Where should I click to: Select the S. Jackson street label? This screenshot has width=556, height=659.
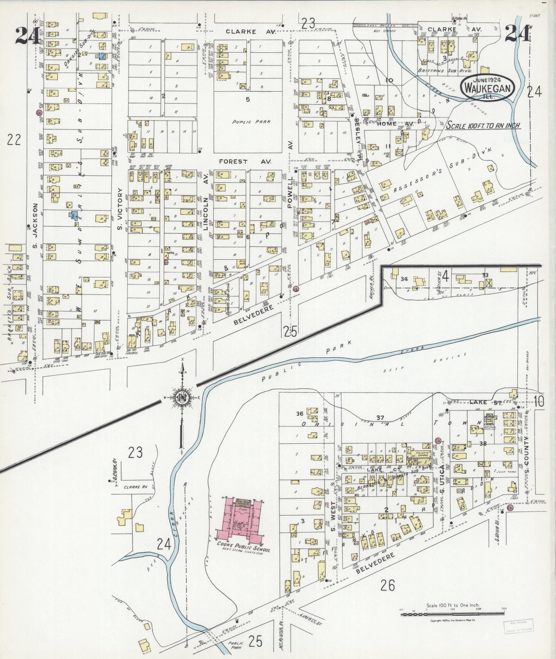click(x=35, y=226)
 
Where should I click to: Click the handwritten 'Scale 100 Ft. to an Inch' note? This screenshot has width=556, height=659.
click(x=483, y=126)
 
